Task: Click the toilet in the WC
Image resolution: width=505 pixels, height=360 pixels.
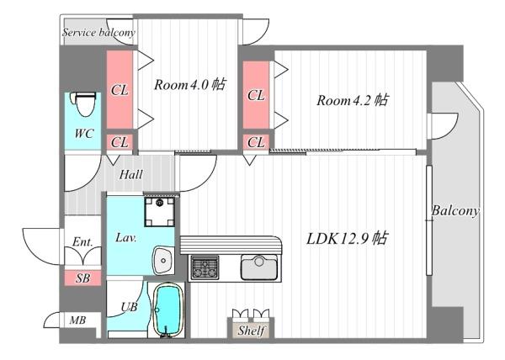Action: point(84,104)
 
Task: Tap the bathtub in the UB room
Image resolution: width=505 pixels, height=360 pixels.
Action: point(167,310)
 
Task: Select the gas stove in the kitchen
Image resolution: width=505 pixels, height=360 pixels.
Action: point(205,267)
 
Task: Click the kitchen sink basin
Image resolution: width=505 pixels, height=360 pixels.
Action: point(259,267)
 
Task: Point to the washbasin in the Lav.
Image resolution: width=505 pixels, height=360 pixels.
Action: point(163,260)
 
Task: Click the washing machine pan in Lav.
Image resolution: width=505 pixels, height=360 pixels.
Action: point(159,212)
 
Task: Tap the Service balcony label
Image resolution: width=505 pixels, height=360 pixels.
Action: point(98,33)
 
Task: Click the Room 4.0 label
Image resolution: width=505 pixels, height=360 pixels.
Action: point(189,85)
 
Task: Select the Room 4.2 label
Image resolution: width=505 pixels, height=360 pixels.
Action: point(353,100)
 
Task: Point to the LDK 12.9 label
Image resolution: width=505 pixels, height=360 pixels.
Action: point(347,239)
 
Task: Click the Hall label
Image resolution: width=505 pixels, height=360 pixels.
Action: point(130,175)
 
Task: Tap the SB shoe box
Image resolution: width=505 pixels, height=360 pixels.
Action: point(82,278)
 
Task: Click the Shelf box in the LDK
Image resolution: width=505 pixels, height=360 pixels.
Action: point(251,330)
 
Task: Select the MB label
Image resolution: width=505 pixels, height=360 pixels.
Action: point(78,320)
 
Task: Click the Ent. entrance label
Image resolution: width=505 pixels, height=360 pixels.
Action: point(82,241)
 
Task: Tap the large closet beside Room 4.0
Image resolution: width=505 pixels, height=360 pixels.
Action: point(120,89)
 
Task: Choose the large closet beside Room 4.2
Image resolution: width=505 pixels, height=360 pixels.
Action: point(256,95)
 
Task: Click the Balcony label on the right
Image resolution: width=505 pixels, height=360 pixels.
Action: point(455,211)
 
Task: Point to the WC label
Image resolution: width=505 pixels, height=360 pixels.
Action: point(84,133)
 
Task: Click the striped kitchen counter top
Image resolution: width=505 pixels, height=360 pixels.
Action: point(231,245)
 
